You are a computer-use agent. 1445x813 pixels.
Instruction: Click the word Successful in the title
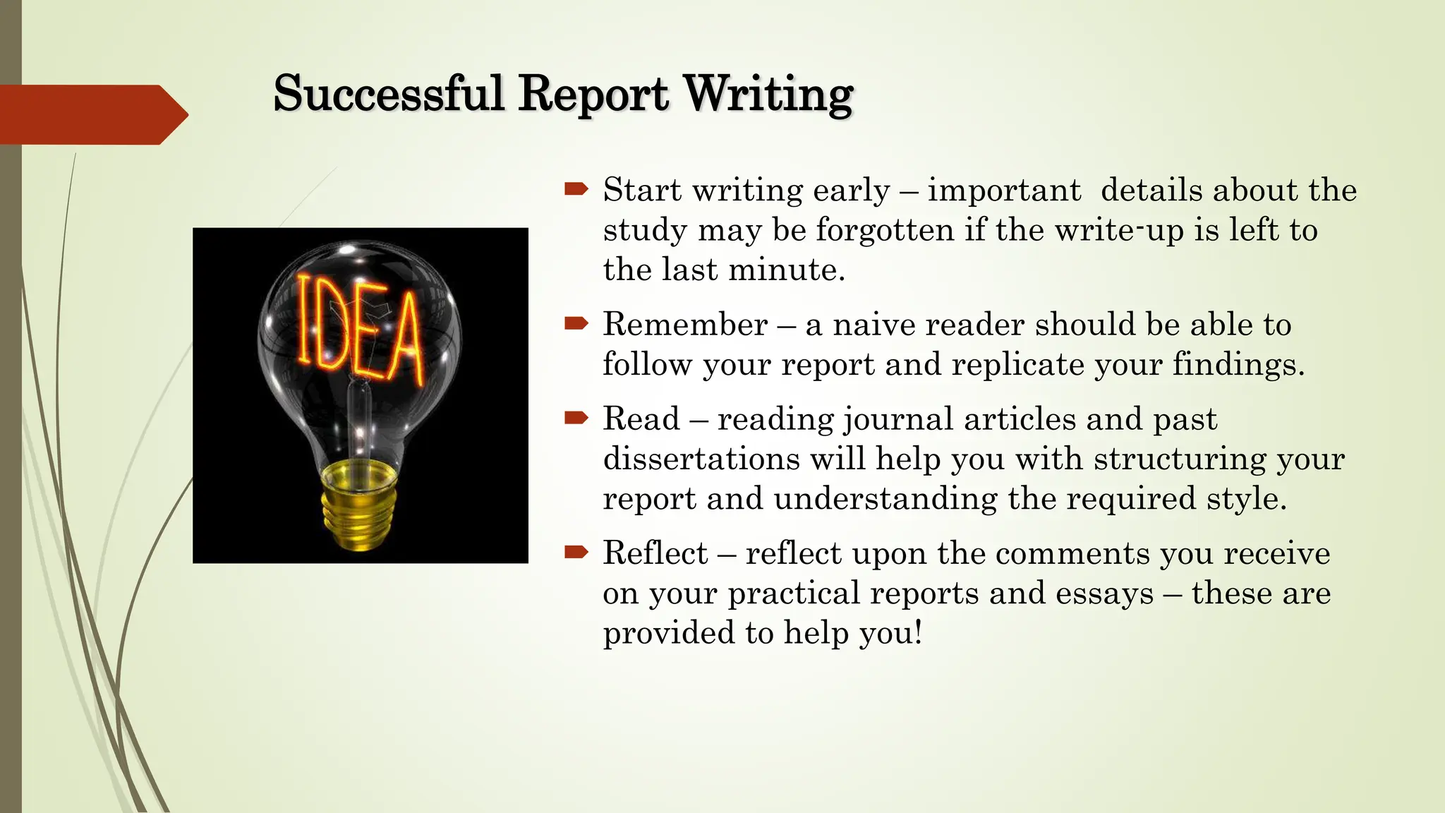point(388,94)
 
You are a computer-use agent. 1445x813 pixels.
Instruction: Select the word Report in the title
point(593,94)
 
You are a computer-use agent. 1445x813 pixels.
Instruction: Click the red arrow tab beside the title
point(92,114)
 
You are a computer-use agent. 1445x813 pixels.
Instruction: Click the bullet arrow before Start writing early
point(576,188)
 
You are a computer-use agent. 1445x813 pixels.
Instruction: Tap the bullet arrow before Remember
point(576,323)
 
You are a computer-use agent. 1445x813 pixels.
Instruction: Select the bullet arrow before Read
point(576,418)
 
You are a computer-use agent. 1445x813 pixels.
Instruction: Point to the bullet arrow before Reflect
point(576,552)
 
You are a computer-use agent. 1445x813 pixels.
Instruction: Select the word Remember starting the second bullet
point(685,325)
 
